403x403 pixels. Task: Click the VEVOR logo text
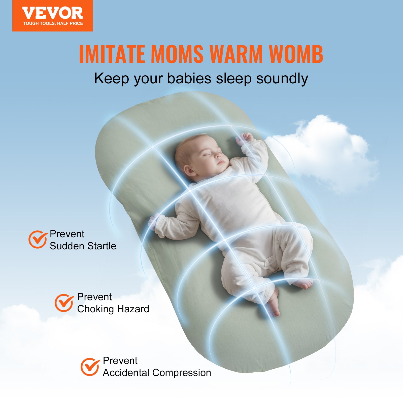tap(52, 13)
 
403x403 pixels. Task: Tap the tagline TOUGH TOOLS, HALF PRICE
tap(53, 23)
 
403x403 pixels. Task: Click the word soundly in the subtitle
tap(282, 78)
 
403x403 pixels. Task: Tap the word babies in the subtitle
tap(189, 78)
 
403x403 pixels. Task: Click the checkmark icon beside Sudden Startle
tap(38, 239)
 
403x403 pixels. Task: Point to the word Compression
tap(182, 373)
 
